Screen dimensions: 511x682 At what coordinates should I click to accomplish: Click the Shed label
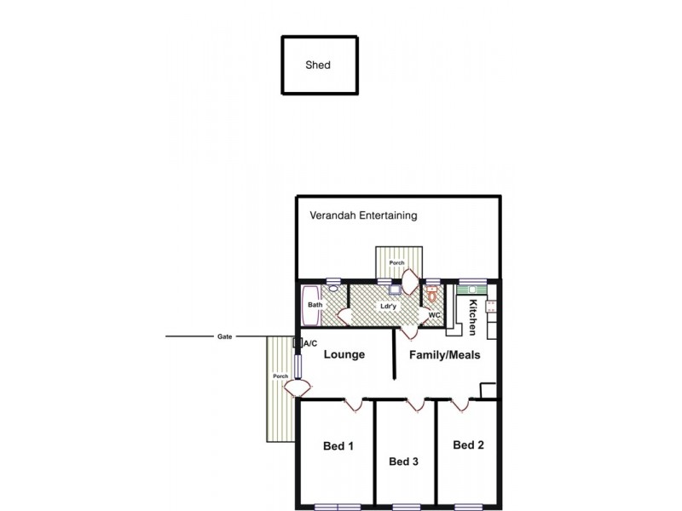coord(318,65)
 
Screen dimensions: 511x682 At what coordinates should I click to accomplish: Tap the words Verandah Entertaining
coord(363,215)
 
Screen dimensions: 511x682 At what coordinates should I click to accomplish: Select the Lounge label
coord(344,354)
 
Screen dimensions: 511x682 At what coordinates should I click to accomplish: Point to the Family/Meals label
coord(442,354)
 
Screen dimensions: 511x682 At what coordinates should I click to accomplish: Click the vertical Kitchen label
coord(472,317)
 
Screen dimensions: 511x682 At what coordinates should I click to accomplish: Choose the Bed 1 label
coord(338,445)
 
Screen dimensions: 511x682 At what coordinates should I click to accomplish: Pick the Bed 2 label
coord(468,445)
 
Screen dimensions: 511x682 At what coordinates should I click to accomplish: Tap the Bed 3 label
coord(403,462)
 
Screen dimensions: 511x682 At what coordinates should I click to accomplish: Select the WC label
coord(434,315)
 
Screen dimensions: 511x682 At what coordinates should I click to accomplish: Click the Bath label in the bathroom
coord(315,304)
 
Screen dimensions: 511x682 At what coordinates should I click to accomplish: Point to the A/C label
coord(310,343)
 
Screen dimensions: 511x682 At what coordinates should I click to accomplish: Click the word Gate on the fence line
coord(224,336)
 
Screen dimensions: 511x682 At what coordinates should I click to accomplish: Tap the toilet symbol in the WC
coord(432,296)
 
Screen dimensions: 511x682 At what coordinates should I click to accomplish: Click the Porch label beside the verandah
coord(396,262)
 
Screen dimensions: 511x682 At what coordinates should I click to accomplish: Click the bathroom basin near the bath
coord(333,289)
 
